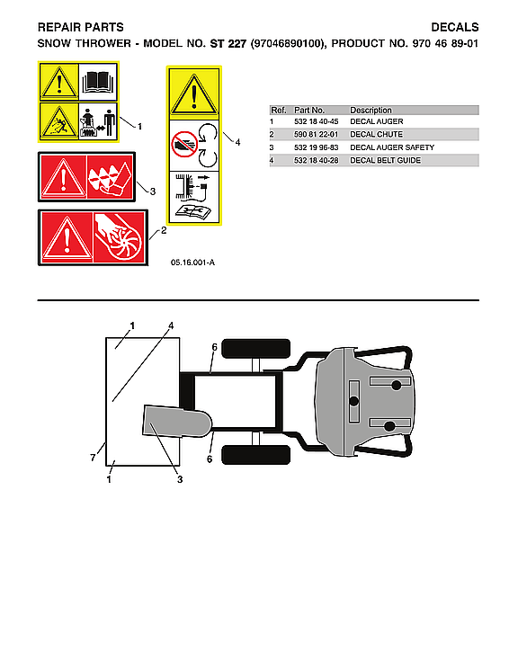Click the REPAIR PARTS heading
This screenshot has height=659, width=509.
pyautogui.click(x=80, y=28)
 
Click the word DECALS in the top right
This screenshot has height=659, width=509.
pyautogui.click(x=455, y=28)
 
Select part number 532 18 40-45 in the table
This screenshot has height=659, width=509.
pyautogui.click(x=312, y=121)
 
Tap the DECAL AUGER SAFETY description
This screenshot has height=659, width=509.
pyautogui.click(x=392, y=147)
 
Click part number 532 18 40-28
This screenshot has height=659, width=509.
pyautogui.click(x=312, y=160)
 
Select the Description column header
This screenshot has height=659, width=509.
pyautogui.click(x=371, y=110)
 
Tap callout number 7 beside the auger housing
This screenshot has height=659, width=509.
pyautogui.click(x=93, y=459)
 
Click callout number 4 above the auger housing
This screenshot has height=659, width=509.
pyautogui.click(x=170, y=325)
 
